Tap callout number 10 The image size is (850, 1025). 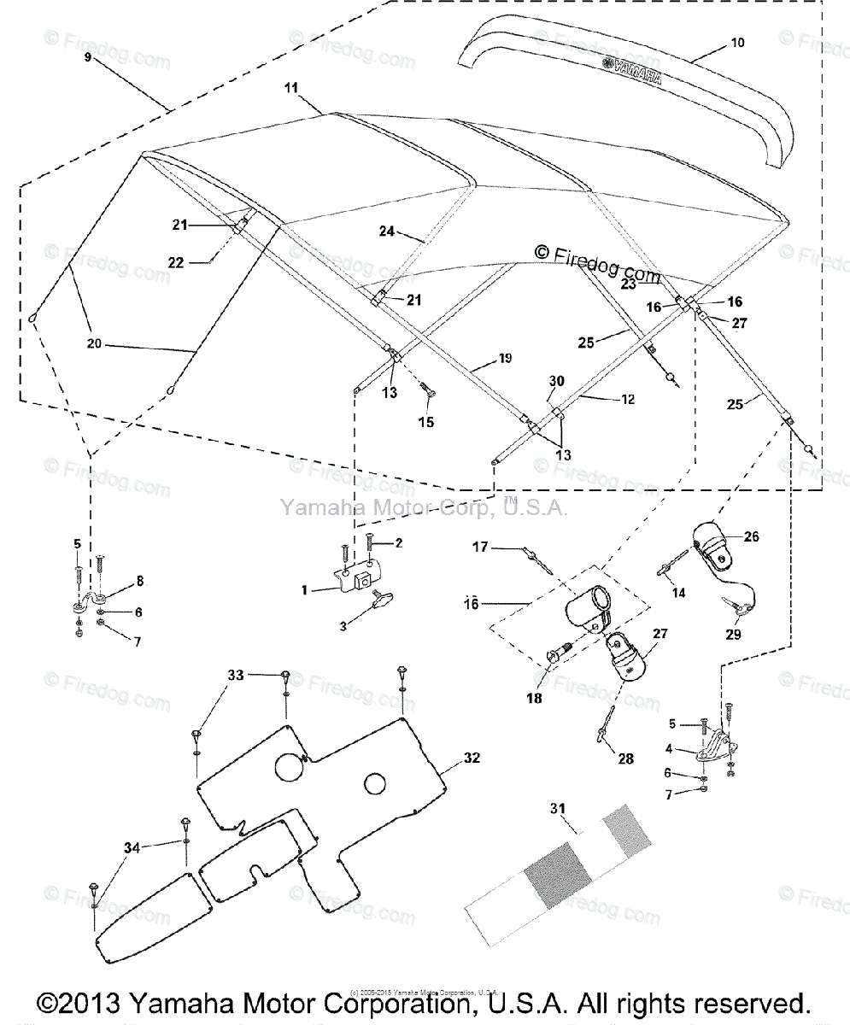coord(738,41)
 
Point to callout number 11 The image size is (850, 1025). coord(291,88)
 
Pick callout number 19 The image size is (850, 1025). coord(506,359)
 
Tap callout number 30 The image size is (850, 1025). coord(557,382)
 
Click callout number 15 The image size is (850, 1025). coord(425,422)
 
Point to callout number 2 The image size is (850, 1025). coord(397,542)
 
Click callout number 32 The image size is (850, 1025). coord(472,757)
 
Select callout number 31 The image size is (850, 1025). coord(558,808)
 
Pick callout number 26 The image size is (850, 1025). coord(751,536)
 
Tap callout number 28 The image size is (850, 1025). coord(626,758)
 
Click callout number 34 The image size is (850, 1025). coord(131,846)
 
